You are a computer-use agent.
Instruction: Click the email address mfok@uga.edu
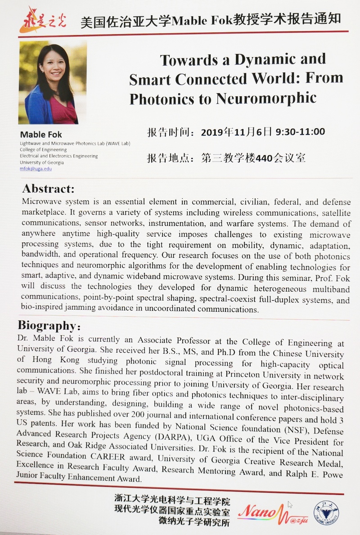pyautogui.click(x=36, y=169)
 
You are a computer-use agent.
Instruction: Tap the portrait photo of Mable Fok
pyautogui.click(x=53, y=83)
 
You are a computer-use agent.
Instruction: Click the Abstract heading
pyautogui.click(x=48, y=188)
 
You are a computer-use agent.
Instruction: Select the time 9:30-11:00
pyautogui.click(x=300, y=132)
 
